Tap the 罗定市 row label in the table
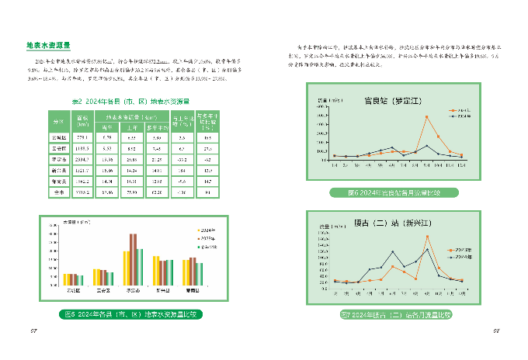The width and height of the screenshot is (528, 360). pyautogui.click(x=57, y=160)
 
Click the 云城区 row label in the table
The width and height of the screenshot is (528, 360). pyautogui.click(x=57, y=137)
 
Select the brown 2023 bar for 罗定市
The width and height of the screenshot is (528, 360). pyautogui.click(x=133, y=260)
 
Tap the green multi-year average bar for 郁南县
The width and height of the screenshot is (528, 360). pyautogui.click(x=199, y=274)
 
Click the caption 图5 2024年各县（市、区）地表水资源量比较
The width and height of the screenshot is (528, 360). pyautogui.click(x=130, y=315)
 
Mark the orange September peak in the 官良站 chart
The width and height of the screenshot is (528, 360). pyautogui.click(x=426, y=117)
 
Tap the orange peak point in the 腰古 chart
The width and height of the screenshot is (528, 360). pyautogui.click(x=427, y=237)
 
